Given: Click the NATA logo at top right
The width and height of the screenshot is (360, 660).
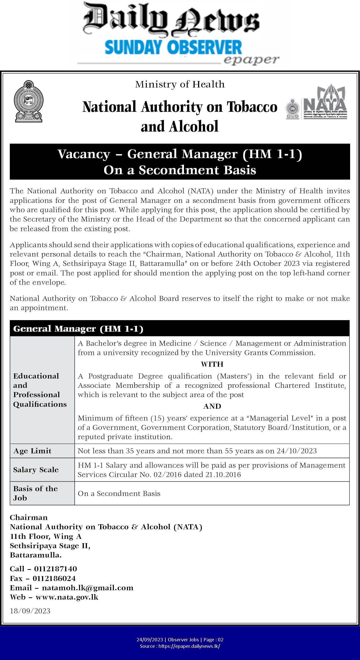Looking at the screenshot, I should coord(317,102).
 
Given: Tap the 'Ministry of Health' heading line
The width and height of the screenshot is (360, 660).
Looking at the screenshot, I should coord(180,84).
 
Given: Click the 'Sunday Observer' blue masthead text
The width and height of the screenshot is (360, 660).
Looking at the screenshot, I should coord(173,47).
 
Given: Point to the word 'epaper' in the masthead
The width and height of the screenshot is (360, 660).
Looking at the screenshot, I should coord(251,60).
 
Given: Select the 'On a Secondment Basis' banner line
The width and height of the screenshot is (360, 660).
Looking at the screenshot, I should coord(180,170).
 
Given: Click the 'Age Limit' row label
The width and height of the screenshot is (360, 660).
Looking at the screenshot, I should coord(32,451).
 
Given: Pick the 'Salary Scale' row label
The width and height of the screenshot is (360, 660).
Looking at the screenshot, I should coord(36,470).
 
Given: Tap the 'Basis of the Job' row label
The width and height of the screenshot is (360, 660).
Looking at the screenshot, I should coord(35,493).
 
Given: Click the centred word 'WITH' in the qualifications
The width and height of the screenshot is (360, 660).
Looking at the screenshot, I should coord(212,364).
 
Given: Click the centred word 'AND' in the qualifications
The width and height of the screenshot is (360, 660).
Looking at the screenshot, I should coord(212,406).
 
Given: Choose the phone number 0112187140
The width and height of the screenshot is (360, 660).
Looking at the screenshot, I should coord(55,569).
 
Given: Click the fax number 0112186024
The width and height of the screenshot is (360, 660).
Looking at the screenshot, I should coord(54,578).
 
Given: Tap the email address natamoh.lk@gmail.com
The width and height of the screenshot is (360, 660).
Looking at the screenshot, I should coord(87,588).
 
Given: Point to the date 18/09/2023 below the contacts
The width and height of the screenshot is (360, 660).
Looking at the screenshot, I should coord(30,611).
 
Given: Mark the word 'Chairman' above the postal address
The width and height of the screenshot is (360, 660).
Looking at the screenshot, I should coord(28,517).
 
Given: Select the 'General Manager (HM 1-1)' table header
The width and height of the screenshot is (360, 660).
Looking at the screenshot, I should coord(78,329).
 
